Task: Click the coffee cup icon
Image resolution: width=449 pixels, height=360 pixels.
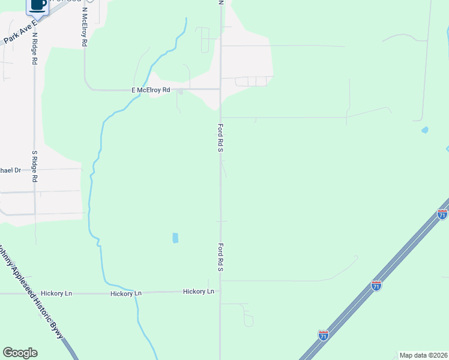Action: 38,5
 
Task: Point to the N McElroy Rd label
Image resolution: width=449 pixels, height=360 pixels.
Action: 85,27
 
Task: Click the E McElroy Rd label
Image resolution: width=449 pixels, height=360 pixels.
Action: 151,90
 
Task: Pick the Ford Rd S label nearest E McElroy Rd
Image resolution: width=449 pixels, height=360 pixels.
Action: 220,138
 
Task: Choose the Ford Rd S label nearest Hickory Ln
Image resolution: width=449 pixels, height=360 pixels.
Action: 220,257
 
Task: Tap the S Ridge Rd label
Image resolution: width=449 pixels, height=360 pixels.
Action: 35,166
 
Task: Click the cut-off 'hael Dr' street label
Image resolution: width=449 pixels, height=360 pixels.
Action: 10,170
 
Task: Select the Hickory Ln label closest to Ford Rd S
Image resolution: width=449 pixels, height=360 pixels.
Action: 198,292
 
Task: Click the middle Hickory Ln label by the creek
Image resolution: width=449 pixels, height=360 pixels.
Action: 126,293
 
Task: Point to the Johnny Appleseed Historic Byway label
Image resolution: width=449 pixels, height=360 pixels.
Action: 32,294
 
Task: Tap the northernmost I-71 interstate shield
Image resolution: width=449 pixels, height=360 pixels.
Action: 442,214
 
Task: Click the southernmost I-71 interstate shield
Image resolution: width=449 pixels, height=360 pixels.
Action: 324,335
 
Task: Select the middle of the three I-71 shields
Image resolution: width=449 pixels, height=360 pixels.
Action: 376,286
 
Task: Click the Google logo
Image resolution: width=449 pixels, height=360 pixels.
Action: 20,353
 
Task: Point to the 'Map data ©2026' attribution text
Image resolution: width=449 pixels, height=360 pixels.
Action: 423,355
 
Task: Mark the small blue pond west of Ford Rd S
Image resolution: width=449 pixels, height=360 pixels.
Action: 175,238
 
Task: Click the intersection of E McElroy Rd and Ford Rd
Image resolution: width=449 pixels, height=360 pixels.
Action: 220,89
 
